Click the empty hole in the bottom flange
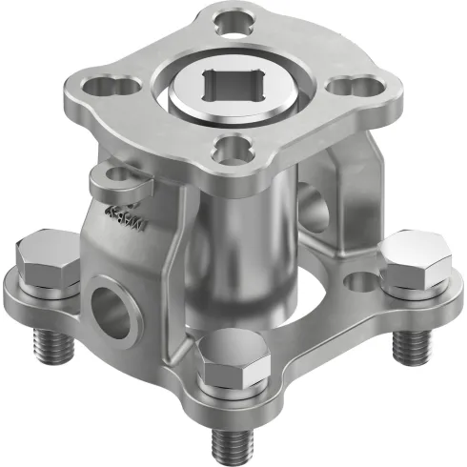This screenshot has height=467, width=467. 360,282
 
